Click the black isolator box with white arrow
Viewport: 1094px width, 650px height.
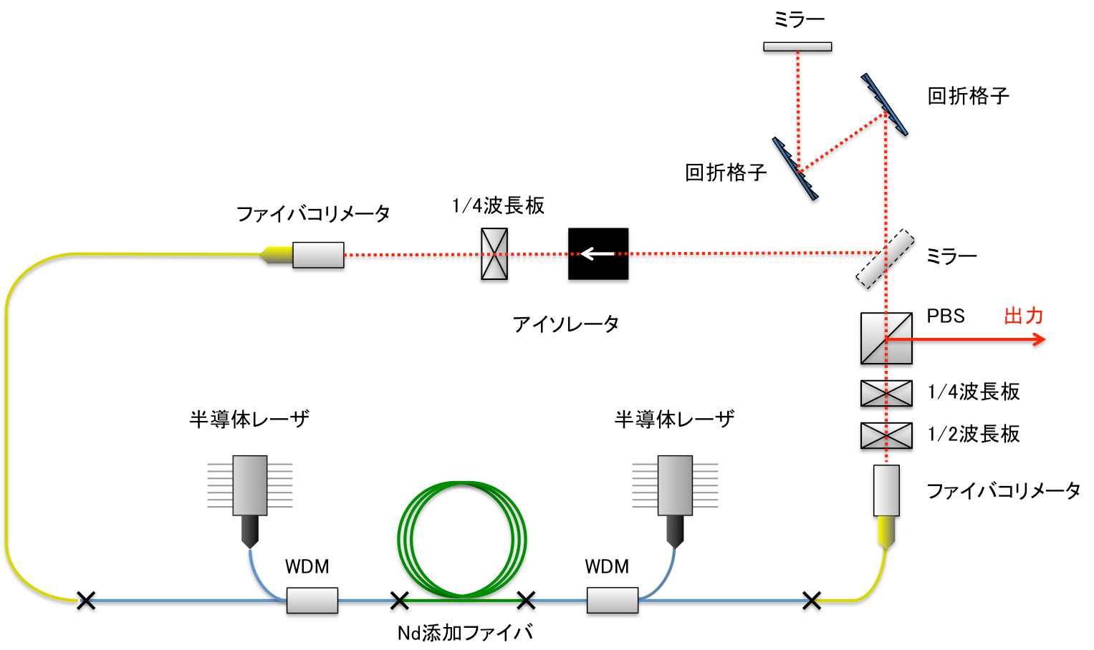coord(598,253)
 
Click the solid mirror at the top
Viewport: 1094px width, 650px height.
coord(797,47)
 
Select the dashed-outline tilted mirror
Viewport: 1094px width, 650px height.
coord(885,258)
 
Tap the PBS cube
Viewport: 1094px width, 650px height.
coord(886,338)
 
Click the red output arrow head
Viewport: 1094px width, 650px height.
coord(1040,339)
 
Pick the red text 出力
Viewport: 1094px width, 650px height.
coord(1023,316)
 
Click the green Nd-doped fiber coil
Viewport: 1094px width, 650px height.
coord(462,539)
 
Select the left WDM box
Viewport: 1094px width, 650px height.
coord(312,601)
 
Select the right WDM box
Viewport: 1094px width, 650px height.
coord(613,601)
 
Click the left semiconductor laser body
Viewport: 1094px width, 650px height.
coord(250,485)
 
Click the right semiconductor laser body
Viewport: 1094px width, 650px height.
coord(675,485)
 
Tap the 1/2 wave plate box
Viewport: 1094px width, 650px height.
coord(886,435)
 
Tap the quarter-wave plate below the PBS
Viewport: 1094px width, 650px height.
coord(886,393)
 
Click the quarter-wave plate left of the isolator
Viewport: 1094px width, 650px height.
coord(494,253)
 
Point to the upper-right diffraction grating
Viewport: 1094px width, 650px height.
coord(885,105)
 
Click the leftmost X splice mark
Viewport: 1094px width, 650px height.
coord(86,601)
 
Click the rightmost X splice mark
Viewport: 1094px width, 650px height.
coord(812,601)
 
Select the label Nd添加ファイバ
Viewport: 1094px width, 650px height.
coord(465,633)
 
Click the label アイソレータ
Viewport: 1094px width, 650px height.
coord(565,324)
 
